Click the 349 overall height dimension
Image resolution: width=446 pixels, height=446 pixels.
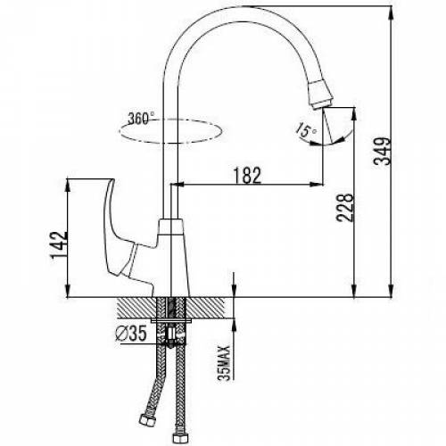coord(383,151)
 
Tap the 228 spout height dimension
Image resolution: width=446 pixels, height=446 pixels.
coord(345,208)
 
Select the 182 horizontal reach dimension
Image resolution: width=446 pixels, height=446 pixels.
coord(247,176)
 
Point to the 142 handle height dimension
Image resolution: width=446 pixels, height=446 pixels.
coord(60,245)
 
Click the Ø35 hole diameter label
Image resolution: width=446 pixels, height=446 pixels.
coord(131,334)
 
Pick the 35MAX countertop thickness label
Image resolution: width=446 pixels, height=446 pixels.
coord(224,363)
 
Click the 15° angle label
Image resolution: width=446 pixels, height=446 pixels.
coord(306,130)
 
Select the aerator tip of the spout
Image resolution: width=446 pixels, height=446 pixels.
coord(320,94)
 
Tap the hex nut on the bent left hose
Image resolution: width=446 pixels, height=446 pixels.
coord(147,420)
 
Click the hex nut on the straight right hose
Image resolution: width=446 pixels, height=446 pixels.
coord(181,437)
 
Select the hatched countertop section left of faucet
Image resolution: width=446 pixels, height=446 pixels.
coord(137,308)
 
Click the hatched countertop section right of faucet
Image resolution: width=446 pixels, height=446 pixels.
coord(206,308)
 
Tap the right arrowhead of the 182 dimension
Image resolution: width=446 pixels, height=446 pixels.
coord(317,185)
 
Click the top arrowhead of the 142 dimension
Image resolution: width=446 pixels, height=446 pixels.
coord(68,185)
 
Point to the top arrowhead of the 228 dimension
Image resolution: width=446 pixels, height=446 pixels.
coord(354,114)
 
